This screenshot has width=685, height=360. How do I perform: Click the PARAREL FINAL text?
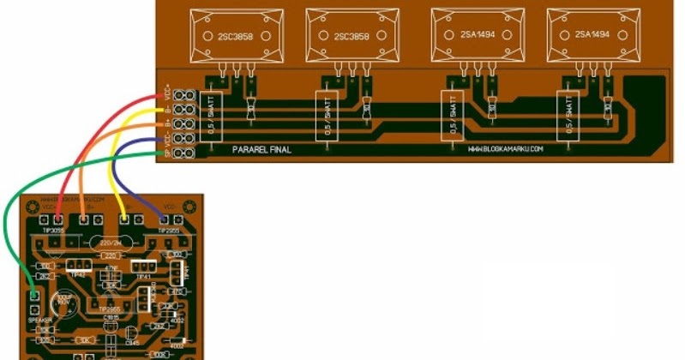(262, 149)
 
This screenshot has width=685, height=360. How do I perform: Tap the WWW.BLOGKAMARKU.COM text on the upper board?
(506, 149)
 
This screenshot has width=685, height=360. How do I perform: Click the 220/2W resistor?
(109, 243)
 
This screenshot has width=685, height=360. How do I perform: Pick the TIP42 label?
(79, 275)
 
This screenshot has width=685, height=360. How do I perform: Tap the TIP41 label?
(142, 276)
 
